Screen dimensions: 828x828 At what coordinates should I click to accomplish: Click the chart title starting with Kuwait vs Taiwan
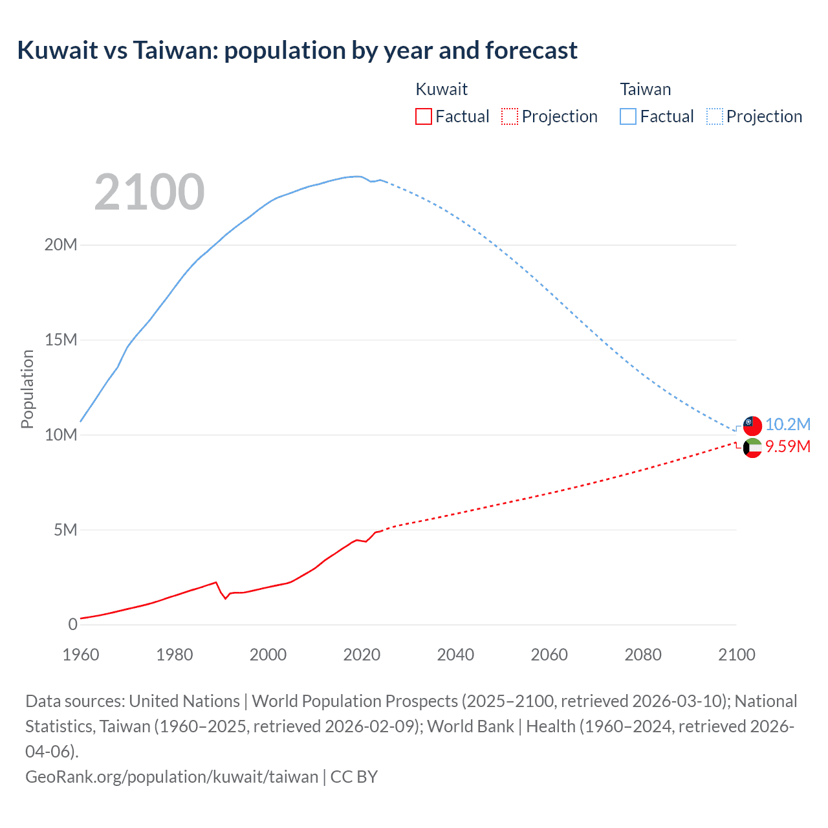coord(297,50)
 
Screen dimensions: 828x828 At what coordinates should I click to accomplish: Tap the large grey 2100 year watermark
coord(149,192)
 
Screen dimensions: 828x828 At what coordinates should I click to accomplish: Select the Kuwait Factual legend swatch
coord(423,116)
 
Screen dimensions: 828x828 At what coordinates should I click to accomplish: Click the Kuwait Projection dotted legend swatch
coord(510,116)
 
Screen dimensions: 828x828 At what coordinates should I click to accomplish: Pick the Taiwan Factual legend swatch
coord(628,116)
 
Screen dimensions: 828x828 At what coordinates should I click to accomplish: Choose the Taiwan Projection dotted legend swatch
coord(715,116)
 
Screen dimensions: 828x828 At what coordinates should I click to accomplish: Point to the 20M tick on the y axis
coord(61,245)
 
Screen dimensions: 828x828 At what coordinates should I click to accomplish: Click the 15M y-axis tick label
coord(61,340)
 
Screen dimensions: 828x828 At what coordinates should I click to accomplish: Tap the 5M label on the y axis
coord(65,530)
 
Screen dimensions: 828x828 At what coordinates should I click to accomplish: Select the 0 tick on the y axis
coord(72,624)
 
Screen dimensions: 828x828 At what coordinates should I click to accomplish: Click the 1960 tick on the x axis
coord(81,655)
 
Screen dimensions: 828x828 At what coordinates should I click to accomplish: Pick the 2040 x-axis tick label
coord(455,655)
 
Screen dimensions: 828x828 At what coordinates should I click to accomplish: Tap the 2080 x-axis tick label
coord(643,655)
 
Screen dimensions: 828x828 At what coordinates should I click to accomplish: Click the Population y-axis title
coord(27,389)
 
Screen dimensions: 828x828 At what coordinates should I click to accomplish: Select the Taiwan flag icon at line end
coord(752,426)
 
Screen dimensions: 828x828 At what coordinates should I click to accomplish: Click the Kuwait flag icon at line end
coord(752,448)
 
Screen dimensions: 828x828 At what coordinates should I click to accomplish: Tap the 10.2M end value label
coord(788,424)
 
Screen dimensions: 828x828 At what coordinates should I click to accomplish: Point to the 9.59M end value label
coord(788,447)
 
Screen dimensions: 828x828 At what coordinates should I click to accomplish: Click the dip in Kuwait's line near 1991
coord(226,598)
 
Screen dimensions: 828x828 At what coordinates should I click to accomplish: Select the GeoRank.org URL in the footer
coord(171,777)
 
